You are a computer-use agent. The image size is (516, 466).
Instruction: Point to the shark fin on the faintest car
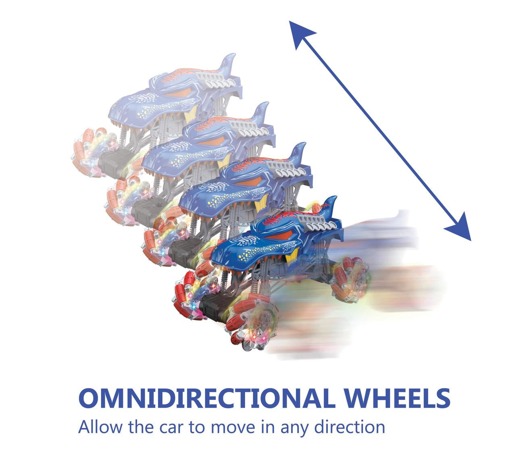(x=227, y=63)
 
